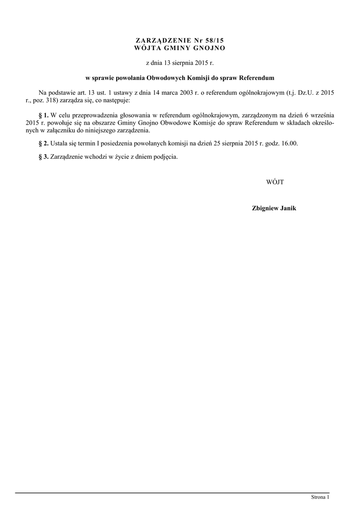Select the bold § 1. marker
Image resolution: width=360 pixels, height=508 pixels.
pos(43,116)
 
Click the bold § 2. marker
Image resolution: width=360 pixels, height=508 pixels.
pos(43,143)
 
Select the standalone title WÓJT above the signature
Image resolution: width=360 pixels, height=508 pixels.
pos(275,182)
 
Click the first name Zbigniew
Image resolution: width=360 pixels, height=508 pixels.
pos(266,208)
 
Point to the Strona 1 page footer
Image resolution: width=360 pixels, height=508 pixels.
pos(320,497)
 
